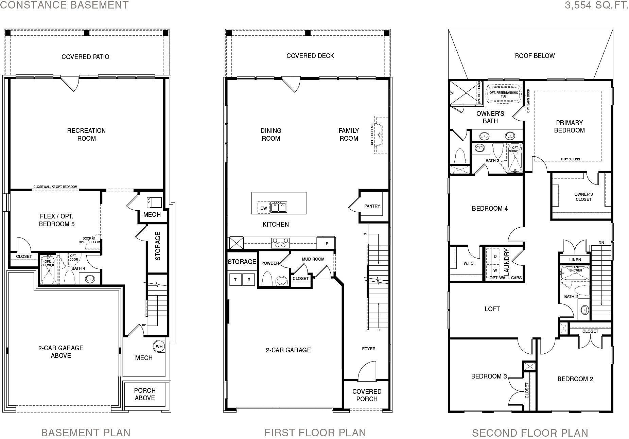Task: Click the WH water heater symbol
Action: tap(159, 347)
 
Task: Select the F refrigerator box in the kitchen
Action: tap(327, 244)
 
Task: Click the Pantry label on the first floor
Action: tap(372, 206)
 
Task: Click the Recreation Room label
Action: tap(86, 134)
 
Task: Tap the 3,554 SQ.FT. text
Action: tap(596, 5)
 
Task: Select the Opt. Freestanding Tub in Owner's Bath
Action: tap(504, 94)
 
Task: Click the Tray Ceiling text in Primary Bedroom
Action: tap(570, 159)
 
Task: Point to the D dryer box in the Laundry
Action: tap(495, 257)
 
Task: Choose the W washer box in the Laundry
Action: tap(495, 270)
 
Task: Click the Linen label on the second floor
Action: tap(575, 260)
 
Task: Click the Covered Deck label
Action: tap(310, 56)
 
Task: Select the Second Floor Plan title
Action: tap(530, 433)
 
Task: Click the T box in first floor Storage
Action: tap(235, 280)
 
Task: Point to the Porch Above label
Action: tap(145, 394)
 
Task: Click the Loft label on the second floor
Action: tap(492, 309)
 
